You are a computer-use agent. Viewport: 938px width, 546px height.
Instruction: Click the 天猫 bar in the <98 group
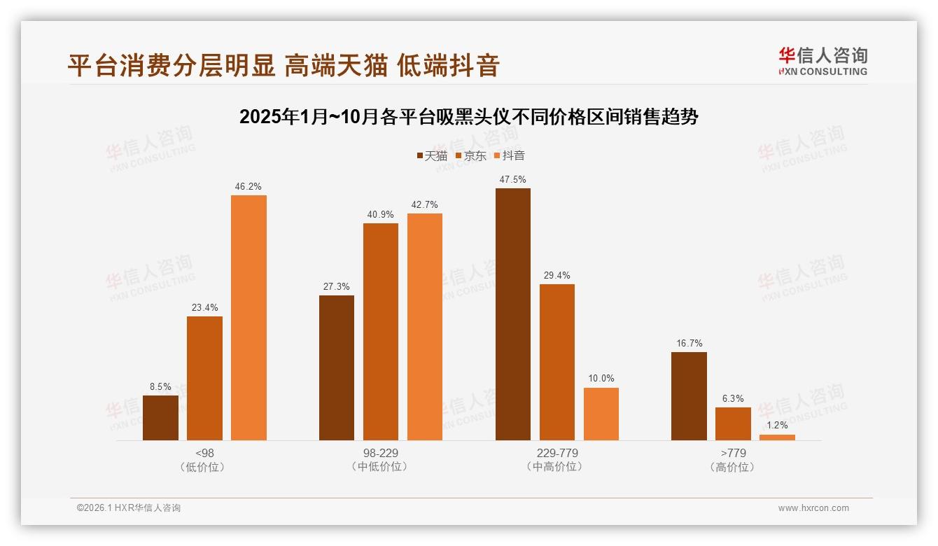coord(160,418)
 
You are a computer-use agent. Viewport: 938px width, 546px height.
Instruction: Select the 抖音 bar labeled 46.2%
coord(248,318)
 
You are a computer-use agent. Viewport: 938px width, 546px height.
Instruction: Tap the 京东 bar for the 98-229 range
coord(380,332)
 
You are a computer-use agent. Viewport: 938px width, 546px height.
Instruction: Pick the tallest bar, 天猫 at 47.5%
coord(512,314)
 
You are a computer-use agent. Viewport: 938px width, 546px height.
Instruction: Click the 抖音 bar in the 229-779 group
coord(601,414)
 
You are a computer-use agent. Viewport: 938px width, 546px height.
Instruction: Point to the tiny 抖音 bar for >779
coord(777,437)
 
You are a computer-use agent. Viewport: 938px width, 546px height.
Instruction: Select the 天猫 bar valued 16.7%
coord(689,396)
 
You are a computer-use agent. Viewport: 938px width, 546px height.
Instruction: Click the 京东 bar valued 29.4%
coord(556,362)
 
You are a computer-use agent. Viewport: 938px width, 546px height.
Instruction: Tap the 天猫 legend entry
coord(431,155)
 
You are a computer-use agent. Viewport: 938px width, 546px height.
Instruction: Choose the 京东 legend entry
coord(470,155)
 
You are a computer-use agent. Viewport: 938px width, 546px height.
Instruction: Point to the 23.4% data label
coord(204,307)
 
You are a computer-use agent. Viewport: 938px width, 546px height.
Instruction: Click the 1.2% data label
coord(777,425)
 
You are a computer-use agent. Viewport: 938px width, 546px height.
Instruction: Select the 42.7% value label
coord(424,204)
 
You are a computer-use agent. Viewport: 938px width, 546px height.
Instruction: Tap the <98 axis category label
coord(204,453)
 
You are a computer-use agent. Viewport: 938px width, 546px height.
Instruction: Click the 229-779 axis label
coord(556,453)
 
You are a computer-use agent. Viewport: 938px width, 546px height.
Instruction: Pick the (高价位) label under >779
coord(732,467)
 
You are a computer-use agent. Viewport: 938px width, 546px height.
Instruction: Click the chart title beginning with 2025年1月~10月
coord(468,116)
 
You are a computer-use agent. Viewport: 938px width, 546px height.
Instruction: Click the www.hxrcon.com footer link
coord(813,508)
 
